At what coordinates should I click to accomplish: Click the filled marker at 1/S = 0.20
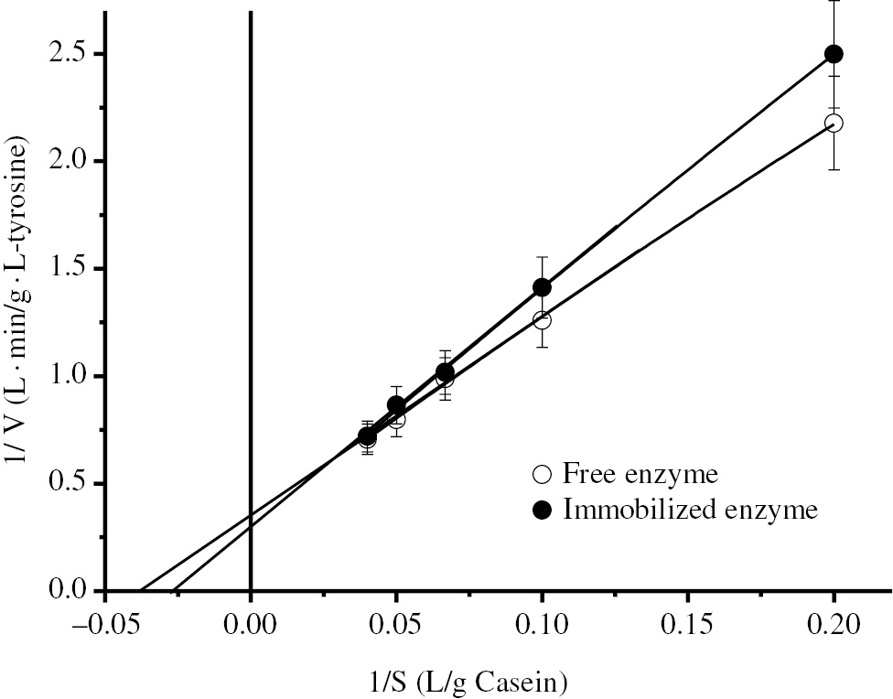point(834,54)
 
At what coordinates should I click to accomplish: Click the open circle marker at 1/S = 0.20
point(834,123)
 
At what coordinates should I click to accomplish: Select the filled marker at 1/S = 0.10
point(542,287)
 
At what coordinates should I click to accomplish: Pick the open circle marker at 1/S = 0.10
point(542,320)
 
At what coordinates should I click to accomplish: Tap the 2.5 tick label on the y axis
point(71,54)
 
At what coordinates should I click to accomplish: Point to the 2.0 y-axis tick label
point(71,161)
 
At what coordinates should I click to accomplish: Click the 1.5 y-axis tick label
point(71,269)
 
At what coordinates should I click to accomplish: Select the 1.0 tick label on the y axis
point(71,376)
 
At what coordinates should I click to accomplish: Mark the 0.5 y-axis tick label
point(71,484)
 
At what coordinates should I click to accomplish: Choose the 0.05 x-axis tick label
point(396,625)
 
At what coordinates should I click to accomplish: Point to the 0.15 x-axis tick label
point(687,625)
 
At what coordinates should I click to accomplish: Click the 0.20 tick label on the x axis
point(834,625)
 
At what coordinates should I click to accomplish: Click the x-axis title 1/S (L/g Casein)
point(468,680)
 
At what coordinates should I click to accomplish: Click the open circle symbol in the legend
point(542,476)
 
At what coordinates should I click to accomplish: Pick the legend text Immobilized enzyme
point(689,511)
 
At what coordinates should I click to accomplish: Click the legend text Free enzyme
point(640,476)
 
